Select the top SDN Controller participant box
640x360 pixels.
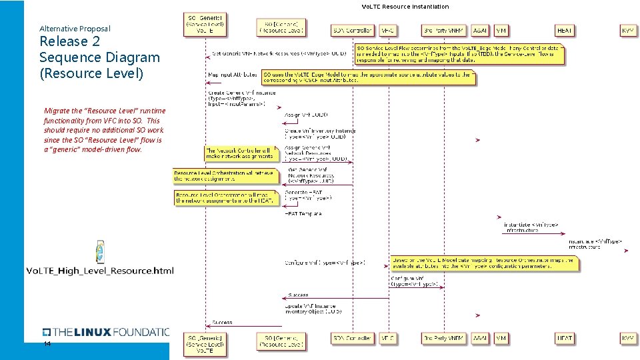coord(352,31)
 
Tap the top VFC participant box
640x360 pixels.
coord(387,31)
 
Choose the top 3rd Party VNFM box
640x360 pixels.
coord(442,31)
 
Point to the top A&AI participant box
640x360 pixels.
coord(480,31)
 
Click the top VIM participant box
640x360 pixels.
coord(501,31)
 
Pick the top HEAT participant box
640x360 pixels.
coord(564,31)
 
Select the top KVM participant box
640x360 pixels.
coord(628,31)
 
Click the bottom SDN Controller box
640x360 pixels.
coord(352,339)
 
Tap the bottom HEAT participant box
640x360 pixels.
coord(564,339)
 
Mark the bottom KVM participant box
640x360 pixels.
coord(628,339)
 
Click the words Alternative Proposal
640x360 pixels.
coord(75,29)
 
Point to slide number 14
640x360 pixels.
coord(47,344)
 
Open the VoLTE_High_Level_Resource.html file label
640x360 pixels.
coord(100,271)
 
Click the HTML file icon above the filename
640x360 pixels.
coord(101,252)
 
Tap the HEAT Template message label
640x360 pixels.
coord(303,214)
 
